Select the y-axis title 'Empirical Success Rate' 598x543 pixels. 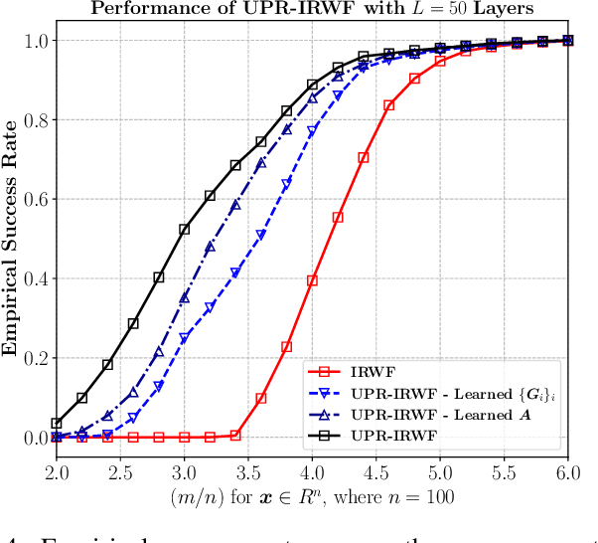[x=13, y=239]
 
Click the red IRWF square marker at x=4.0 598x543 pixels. [x=312, y=280]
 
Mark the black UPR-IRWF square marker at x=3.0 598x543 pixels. [x=184, y=229]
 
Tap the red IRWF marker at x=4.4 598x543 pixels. [x=364, y=157]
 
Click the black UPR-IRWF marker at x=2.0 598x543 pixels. [x=57, y=424]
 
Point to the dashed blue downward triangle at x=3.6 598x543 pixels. [x=261, y=236]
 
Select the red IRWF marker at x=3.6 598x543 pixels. [x=261, y=398]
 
